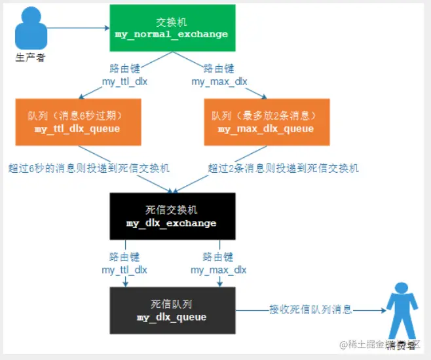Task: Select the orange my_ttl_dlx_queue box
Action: coord(77,122)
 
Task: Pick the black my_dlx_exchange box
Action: coord(172,217)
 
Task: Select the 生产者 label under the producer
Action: coord(30,58)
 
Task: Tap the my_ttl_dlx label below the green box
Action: coord(124,82)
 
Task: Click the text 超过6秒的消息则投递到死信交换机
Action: coord(89,168)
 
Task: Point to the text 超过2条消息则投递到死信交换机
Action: coord(283,168)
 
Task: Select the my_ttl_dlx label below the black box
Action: coord(124,270)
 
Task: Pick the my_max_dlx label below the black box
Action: coord(219,270)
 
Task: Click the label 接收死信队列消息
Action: coord(310,310)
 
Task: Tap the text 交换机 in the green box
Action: coord(172,22)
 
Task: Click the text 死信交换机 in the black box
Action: coord(172,210)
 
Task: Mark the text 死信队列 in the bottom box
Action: coord(172,304)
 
